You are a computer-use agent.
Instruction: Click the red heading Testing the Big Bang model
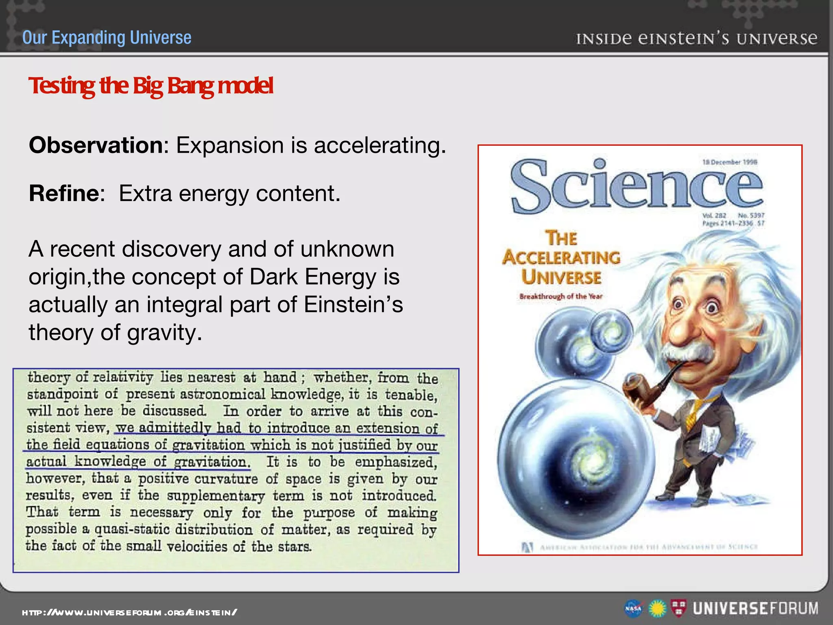point(150,86)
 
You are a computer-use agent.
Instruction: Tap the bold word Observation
point(96,145)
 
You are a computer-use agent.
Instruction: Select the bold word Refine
point(64,193)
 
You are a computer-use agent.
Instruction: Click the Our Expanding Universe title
point(107,37)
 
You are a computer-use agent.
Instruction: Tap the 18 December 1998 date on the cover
point(730,162)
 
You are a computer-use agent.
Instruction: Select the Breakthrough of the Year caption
point(560,296)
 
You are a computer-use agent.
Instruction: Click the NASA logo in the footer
point(633,609)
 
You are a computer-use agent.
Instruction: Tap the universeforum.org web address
point(129,612)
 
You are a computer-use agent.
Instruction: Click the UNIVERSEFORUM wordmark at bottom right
point(755,608)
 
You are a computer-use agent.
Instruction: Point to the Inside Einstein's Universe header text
point(696,39)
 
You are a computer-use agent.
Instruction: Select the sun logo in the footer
point(657,609)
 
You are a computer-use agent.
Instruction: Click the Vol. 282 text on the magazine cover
point(714,215)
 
